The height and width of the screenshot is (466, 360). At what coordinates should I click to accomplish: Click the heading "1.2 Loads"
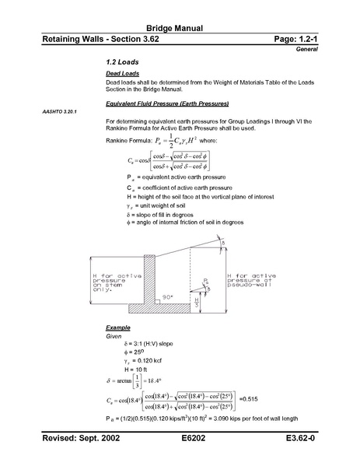coord(121,61)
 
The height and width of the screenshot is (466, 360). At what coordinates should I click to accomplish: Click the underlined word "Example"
coord(118,329)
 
